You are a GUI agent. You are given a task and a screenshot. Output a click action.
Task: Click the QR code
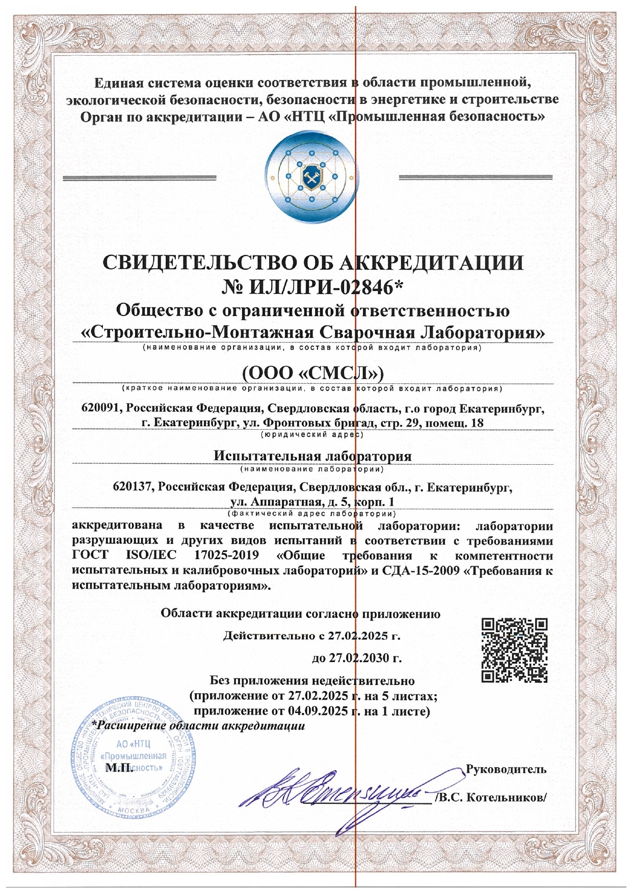pyautogui.click(x=515, y=650)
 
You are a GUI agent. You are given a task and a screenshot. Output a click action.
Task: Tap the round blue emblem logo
pyautogui.click(x=309, y=176)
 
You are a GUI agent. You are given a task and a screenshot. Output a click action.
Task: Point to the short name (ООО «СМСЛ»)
pyautogui.click(x=312, y=373)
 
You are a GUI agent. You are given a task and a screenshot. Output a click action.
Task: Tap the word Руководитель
pyautogui.click(x=506, y=769)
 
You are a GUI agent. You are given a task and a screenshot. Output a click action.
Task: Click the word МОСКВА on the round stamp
pyautogui.click(x=134, y=809)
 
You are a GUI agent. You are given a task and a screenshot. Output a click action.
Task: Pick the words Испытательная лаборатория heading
pyautogui.click(x=312, y=455)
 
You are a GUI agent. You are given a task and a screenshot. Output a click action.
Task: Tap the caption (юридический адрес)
pyautogui.click(x=312, y=435)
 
